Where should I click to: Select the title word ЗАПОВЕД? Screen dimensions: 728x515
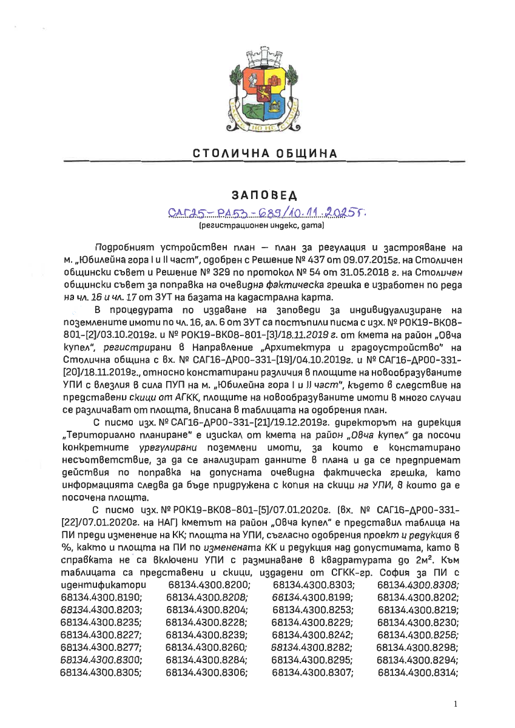(x=257, y=195)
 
